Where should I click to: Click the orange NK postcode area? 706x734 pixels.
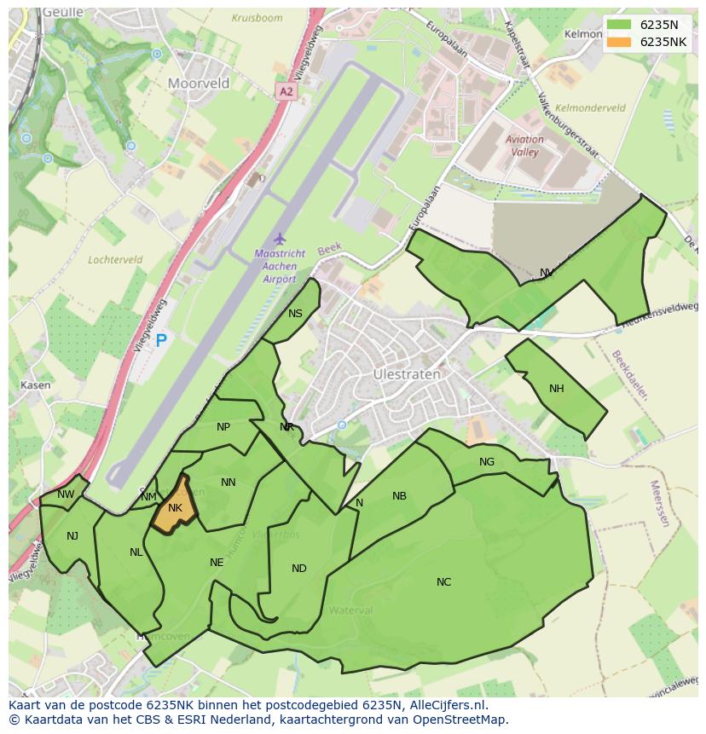click(x=175, y=508)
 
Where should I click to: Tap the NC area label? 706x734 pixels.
click(x=443, y=582)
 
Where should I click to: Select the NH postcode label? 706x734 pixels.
click(x=557, y=389)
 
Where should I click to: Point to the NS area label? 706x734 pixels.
click(x=295, y=314)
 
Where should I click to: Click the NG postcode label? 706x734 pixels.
click(x=487, y=462)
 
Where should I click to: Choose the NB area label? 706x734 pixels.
click(x=399, y=496)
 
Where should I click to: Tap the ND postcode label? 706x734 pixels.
click(x=298, y=569)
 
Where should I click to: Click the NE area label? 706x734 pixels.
click(x=217, y=563)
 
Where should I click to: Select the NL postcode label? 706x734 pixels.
click(x=136, y=552)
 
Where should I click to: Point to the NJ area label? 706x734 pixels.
click(x=72, y=536)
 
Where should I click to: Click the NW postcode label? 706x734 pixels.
click(x=66, y=494)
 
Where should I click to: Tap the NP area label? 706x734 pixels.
click(x=223, y=427)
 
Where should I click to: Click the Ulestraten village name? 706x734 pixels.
click(x=407, y=374)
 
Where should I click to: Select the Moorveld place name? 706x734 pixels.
click(x=199, y=84)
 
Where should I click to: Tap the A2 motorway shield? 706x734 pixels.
click(x=286, y=90)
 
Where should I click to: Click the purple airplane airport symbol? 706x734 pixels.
click(x=278, y=239)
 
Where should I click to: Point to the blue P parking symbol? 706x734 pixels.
click(x=160, y=342)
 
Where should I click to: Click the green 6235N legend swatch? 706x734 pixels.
click(x=620, y=25)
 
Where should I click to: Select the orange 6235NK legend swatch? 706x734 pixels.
click(x=620, y=42)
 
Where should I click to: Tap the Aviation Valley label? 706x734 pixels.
click(x=524, y=146)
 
